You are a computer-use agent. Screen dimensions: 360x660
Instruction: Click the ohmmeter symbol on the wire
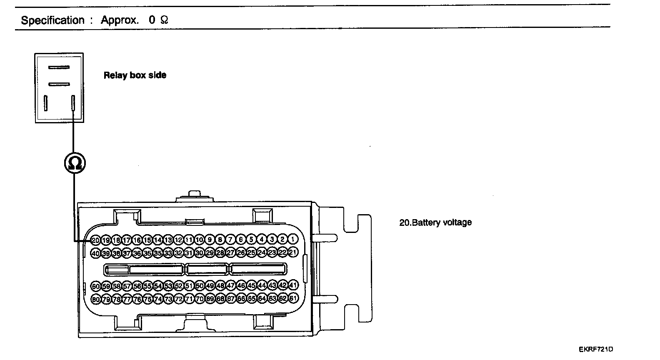(75, 163)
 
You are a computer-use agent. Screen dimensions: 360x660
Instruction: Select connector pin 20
(95, 240)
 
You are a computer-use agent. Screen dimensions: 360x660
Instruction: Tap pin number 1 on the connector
(293, 239)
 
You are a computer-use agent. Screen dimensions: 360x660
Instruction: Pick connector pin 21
(293, 252)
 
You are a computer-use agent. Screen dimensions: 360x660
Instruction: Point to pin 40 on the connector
(95, 253)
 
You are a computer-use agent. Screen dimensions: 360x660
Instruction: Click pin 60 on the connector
(95, 286)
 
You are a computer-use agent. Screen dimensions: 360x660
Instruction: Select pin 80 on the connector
(95, 299)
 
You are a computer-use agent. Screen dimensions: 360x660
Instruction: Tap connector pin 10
(199, 240)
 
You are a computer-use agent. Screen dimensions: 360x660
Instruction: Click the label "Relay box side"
(135, 75)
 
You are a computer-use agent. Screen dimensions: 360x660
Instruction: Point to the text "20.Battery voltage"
(435, 222)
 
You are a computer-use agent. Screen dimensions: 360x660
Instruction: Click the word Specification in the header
(52, 20)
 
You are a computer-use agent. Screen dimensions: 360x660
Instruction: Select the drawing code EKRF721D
(596, 349)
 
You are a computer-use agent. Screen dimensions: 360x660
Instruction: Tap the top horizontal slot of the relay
(59, 67)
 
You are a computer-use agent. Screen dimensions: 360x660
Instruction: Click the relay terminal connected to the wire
(73, 103)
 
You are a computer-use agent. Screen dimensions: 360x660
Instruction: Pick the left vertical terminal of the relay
(46, 103)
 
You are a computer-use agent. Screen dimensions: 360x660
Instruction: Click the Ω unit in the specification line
(164, 20)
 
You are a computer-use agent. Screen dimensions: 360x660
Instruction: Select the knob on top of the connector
(194, 194)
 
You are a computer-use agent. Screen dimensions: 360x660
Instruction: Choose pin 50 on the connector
(199, 286)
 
